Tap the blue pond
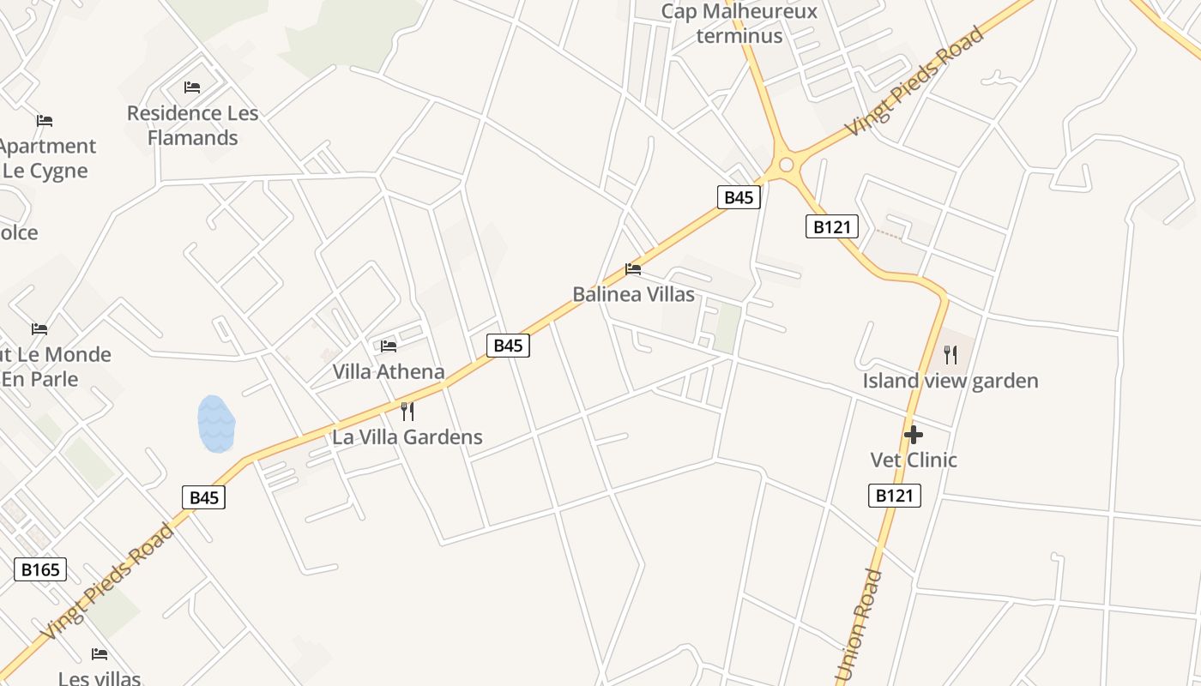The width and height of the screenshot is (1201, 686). coord(216,424)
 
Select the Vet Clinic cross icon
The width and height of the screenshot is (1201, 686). coord(914,435)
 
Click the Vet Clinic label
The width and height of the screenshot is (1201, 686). coord(914,460)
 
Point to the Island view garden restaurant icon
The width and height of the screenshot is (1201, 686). coord(951,355)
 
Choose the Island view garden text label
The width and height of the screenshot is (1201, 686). coord(951,381)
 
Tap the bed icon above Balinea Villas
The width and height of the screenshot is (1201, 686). coord(633,269)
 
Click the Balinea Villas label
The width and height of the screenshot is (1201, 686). coord(633,294)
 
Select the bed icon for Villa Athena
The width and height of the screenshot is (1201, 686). coord(389,346)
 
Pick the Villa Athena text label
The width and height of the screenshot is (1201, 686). coord(389,371)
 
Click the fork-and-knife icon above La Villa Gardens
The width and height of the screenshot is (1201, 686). coord(407,412)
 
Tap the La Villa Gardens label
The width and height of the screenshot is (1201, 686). coord(407,436)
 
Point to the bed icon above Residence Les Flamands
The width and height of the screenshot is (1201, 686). coord(192,87)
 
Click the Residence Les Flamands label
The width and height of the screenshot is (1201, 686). coord(192,125)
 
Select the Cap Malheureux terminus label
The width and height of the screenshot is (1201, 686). coord(739,23)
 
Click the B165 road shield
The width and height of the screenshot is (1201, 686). coord(40,569)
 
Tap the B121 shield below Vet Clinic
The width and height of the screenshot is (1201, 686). coord(894,496)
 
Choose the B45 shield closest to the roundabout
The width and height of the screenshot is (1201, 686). coord(739,197)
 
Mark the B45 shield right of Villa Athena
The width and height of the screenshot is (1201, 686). coord(508,346)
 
